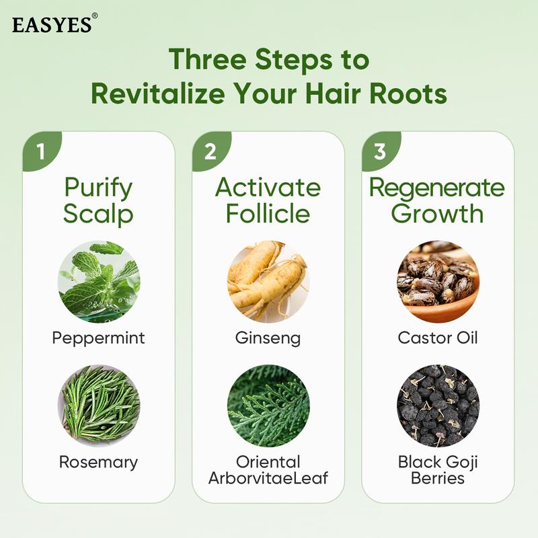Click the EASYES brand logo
pyautogui.click(x=52, y=24)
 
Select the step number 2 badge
pyautogui.click(x=210, y=151)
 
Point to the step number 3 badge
pyautogui.click(x=380, y=151)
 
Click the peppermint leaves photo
pyautogui.click(x=98, y=282)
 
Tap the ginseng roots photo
pyautogui.click(x=268, y=282)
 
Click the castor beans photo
pyautogui.click(x=438, y=282)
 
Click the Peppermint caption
pyautogui.click(x=98, y=338)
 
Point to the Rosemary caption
pyautogui.click(x=98, y=462)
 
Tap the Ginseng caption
pyautogui.click(x=268, y=338)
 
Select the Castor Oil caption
pyautogui.click(x=438, y=338)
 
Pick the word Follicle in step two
pyautogui.click(x=268, y=214)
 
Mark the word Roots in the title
pyautogui.click(x=409, y=93)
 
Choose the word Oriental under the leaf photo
pyautogui.click(x=268, y=462)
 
